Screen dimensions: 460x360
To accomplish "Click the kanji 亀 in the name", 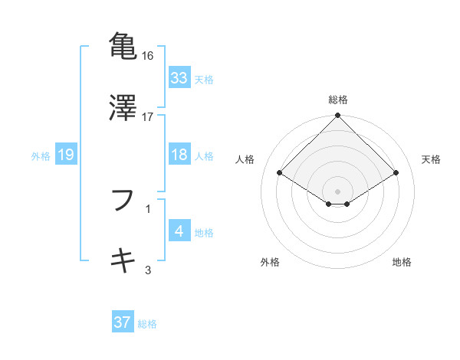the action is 123,45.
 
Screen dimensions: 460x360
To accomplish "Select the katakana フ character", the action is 123,201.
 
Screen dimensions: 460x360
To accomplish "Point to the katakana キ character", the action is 123,260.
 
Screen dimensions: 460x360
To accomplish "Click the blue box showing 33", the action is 179,78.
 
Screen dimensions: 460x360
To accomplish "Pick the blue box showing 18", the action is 179,155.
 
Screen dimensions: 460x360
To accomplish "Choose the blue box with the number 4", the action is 179,231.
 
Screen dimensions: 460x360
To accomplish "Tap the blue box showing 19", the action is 66,155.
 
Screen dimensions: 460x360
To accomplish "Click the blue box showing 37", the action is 123,322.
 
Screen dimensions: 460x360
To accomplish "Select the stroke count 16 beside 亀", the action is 148,56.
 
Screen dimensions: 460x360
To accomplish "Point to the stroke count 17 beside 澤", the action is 148,117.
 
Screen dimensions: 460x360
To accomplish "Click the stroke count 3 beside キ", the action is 148,270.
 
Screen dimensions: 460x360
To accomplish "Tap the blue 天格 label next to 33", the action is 204,79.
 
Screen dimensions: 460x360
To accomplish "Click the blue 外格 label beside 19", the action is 41,155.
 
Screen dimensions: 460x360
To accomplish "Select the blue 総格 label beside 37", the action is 148,323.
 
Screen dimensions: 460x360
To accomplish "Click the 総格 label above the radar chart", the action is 337,100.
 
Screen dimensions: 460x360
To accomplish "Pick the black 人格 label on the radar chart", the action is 246,159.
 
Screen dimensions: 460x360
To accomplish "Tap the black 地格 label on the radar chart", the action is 402,262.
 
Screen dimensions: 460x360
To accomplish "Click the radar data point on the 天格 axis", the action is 396,173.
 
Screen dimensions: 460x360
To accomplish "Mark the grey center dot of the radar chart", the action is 337,191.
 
